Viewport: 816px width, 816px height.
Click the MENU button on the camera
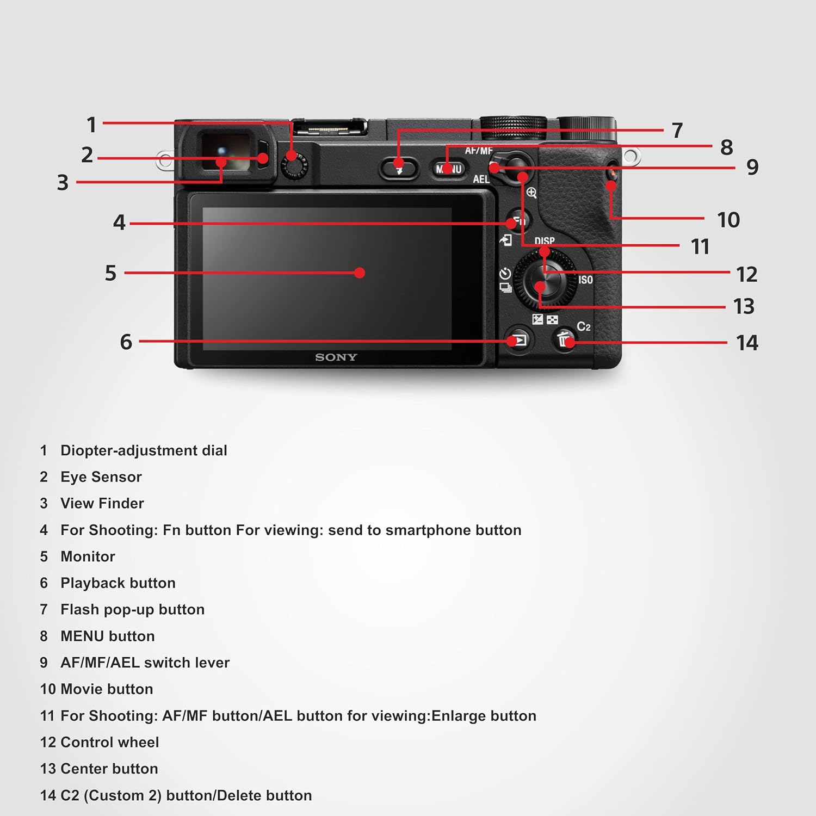[449, 169]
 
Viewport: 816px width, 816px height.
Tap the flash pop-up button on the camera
[399, 168]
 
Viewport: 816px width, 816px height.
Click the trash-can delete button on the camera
[565, 339]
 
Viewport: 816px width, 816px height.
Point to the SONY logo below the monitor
[336, 357]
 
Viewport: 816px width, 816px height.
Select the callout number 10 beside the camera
[728, 220]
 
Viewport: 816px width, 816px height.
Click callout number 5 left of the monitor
[110, 273]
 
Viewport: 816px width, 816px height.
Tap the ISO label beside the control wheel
[585, 280]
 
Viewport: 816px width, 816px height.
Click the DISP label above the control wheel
[544, 240]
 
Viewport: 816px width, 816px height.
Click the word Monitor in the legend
[88, 557]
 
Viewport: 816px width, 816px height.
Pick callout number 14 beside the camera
[746, 343]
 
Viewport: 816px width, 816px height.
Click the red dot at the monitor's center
[359, 273]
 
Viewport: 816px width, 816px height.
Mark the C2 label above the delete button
[583, 326]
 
